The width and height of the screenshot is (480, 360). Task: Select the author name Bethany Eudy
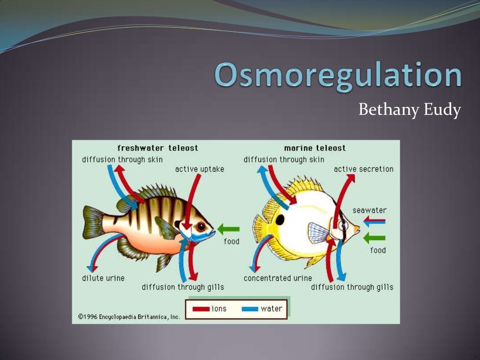[410, 110]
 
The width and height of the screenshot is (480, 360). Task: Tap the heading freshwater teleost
[157, 148]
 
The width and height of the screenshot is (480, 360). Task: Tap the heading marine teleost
[315, 148]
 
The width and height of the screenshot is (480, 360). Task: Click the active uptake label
[200, 169]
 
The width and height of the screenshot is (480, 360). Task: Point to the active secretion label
[363, 169]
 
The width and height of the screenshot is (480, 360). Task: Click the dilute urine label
[103, 278]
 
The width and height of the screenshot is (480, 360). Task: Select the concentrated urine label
[277, 278]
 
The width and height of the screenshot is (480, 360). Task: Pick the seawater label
[369, 210]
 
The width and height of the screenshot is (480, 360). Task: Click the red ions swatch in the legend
[201, 309]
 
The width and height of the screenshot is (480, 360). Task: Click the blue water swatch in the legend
[250, 309]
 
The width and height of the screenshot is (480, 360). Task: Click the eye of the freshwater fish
[201, 226]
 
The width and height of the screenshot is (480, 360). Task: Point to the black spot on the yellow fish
[280, 220]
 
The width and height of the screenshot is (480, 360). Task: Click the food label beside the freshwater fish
[231, 241]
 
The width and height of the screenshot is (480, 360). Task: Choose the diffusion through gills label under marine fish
[352, 287]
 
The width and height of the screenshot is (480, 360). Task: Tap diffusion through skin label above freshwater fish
[122, 159]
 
